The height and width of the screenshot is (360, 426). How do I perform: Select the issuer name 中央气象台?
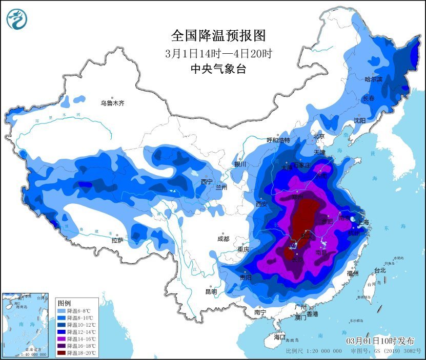[218, 69]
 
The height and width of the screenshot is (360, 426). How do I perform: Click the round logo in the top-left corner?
[17, 19]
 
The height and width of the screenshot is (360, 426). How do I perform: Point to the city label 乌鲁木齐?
[112, 103]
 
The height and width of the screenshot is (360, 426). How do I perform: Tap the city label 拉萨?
[117, 240]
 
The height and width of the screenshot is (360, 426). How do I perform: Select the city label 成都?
[223, 238]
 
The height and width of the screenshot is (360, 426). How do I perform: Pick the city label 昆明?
[211, 291]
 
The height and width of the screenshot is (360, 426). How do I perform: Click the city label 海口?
[279, 337]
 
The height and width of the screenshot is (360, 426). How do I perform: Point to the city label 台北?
[379, 270]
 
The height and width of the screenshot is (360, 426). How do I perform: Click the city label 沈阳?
[359, 120]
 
